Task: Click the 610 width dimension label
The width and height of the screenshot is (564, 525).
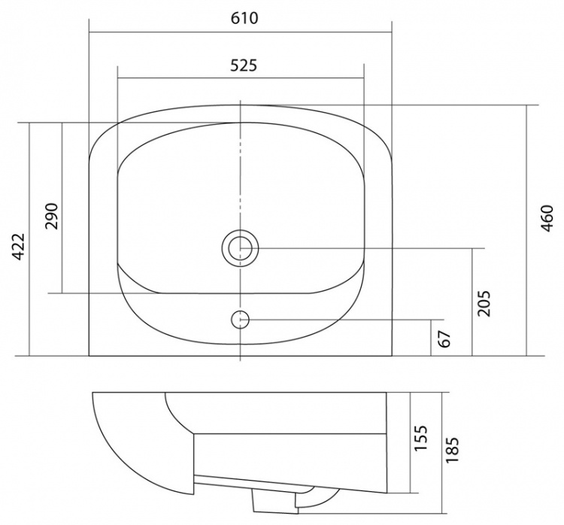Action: click(x=244, y=18)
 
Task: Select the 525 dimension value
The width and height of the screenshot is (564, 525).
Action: click(x=244, y=65)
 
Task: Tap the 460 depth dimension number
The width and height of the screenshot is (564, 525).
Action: click(x=547, y=218)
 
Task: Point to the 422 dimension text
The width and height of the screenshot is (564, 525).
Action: click(x=18, y=247)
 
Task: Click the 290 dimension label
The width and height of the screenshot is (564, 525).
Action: click(x=51, y=217)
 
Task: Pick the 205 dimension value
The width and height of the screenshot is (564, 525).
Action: click(x=484, y=303)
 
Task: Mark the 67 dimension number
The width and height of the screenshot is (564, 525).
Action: click(x=445, y=338)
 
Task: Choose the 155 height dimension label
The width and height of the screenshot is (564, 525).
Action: click(x=420, y=438)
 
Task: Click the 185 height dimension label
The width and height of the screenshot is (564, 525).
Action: click(x=452, y=450)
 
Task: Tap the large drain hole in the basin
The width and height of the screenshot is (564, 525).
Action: click(x=241, y=248)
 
